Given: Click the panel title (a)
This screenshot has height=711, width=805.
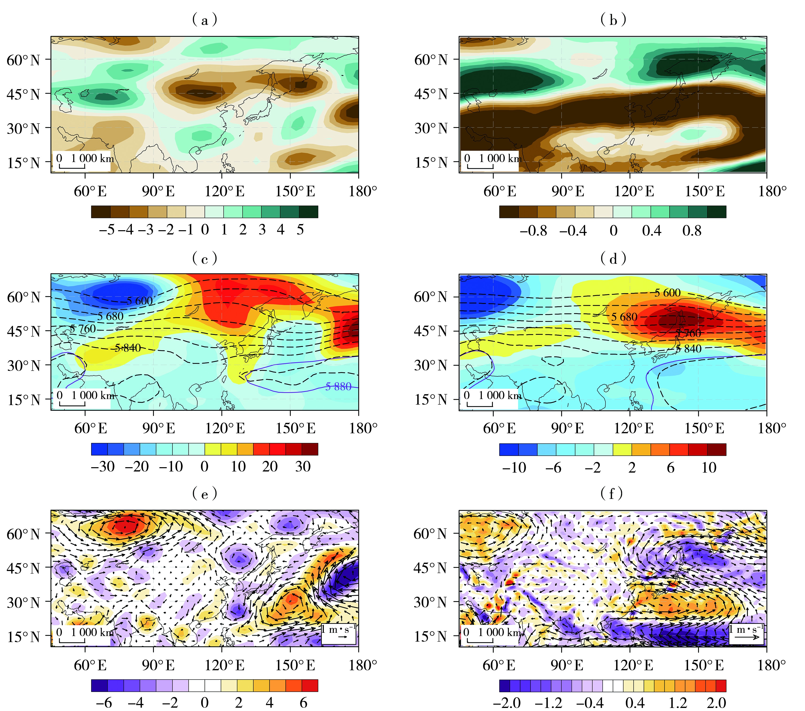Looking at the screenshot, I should pyautogui.click(x=204, y=20).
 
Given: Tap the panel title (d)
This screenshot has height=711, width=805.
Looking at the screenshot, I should pyautogui.click(x=613, y=258).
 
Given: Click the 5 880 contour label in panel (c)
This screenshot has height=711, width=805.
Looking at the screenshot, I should pyautogui.click(x=338, y=387).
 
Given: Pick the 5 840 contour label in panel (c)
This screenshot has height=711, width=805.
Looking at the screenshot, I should pyautogui.click(x=128, y=348).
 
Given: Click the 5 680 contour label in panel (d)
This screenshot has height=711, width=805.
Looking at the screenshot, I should pyautogui.click(x=624, y=317).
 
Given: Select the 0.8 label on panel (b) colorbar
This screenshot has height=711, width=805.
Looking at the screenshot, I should pyautogui.click(x=692, y=230).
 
